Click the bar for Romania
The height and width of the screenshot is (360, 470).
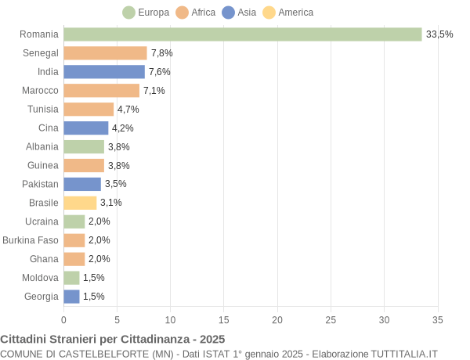243,34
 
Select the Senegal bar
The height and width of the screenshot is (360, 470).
105,53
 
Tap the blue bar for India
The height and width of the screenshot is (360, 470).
104,72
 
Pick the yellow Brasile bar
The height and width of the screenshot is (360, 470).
80,203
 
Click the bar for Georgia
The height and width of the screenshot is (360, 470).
71,297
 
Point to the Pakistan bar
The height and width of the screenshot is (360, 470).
82,184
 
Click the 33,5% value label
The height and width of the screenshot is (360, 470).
439,34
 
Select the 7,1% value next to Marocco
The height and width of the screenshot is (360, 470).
154,91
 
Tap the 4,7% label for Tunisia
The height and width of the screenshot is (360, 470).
128,110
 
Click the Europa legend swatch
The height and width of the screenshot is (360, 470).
128,13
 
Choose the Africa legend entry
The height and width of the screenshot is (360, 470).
196,13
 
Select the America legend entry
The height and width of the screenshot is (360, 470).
287,13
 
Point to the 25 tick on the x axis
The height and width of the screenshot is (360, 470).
331,319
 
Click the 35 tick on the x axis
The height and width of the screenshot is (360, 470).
437,319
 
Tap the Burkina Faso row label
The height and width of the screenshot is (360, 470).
31,240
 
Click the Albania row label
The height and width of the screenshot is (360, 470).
42,146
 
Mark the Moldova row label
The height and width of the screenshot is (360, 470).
41,278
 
